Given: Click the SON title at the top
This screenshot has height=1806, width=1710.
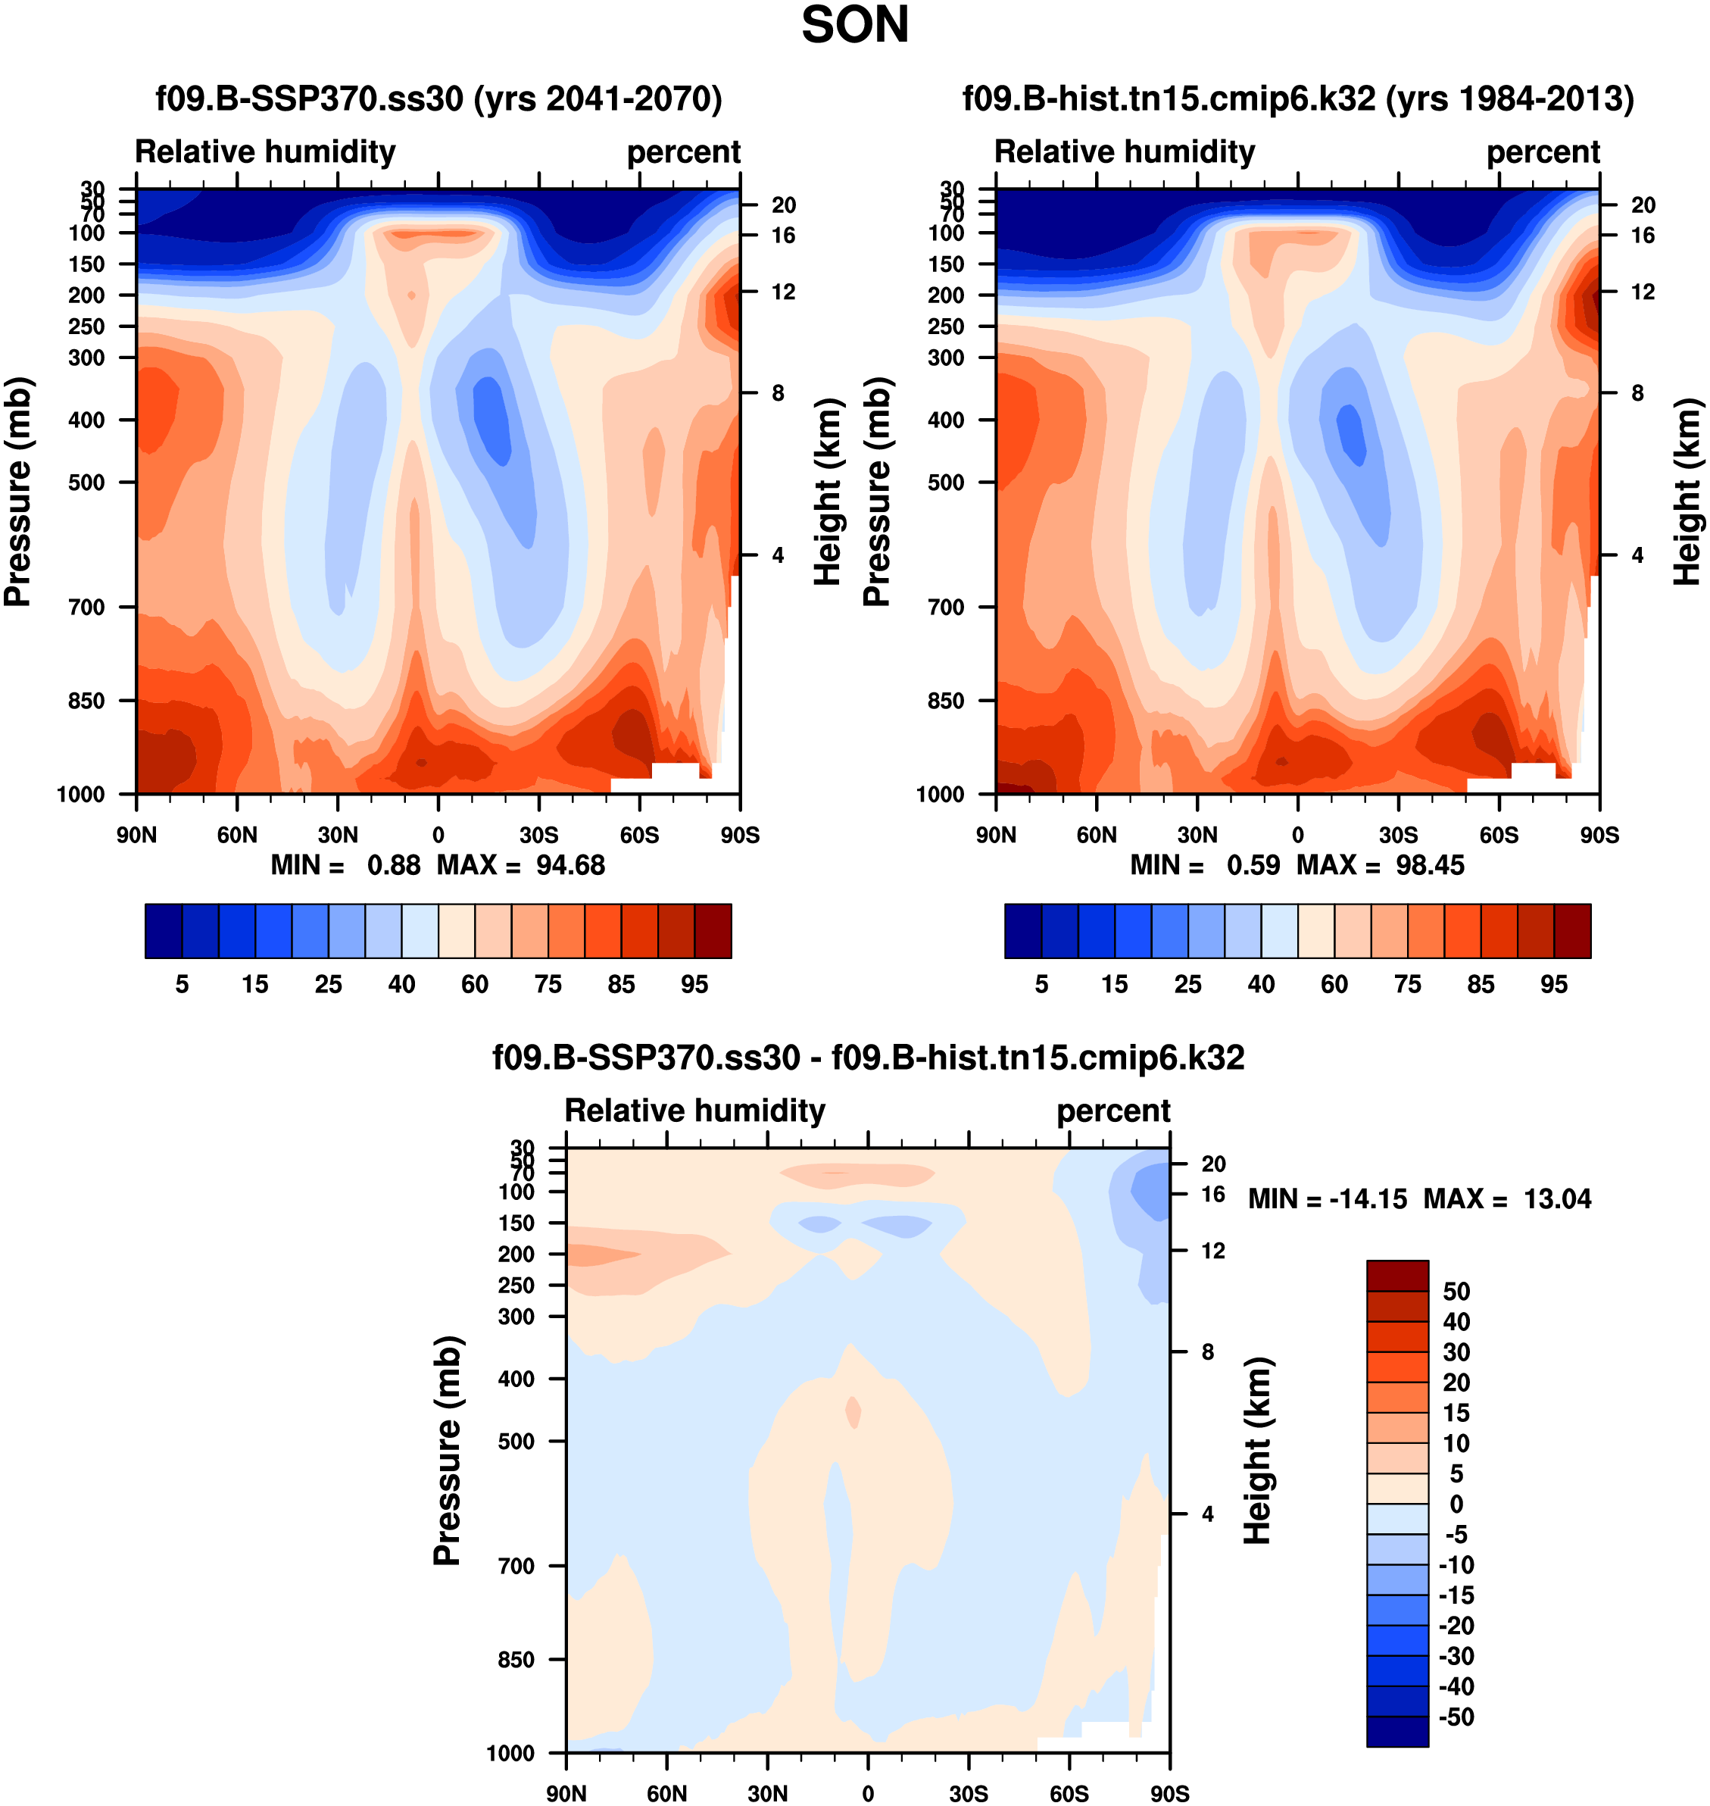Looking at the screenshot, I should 854,26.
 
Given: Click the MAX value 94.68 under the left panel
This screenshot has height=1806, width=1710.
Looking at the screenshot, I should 569,865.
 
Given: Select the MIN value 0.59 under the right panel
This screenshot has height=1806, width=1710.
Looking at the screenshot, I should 1253,865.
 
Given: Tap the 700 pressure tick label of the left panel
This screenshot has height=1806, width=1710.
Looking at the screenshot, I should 86,607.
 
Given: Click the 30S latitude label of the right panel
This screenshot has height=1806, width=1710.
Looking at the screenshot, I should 1398,835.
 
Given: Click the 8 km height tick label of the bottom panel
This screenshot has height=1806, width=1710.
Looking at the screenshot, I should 1207,1352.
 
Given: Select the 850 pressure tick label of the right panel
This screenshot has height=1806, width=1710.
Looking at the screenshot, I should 946,701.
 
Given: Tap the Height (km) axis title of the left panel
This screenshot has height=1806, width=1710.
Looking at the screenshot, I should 825,492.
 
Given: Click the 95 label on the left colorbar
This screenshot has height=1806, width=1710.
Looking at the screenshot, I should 694,985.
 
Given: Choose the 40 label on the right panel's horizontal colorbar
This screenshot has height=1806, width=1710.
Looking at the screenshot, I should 1261,985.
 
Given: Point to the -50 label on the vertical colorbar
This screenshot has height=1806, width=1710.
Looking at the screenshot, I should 1455,1717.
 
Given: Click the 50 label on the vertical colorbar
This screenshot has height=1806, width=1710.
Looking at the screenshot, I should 1456,1292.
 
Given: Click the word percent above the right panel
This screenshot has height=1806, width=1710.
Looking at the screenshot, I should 1543,152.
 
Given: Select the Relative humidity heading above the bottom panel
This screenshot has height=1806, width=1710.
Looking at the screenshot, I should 694,1111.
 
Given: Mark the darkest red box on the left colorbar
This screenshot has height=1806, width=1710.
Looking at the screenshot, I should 713,931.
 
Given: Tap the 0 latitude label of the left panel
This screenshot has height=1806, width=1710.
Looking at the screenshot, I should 438,835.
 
